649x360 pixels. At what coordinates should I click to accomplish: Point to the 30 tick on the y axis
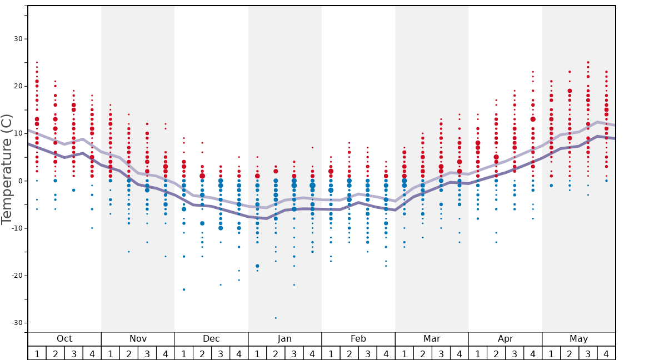[18, 39]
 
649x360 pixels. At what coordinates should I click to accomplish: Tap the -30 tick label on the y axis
[17, 323]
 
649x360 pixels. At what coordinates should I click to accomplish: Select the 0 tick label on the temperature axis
[20, 181]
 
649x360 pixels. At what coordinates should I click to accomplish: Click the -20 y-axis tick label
[17, 276]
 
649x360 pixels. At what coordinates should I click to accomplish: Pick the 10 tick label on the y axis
[18, 134]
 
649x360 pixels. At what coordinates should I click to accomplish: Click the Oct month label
[64, 339]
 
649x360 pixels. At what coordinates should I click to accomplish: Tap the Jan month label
[284, 339]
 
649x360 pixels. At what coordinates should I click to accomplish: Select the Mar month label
[432, 339]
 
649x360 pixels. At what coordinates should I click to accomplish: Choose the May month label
[578, 339]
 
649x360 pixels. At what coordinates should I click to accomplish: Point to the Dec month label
[211, 339]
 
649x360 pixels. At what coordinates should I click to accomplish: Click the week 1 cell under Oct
[37, 353]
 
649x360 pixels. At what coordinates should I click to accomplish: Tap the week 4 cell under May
[606, 353]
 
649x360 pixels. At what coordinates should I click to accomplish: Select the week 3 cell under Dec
[221, 353]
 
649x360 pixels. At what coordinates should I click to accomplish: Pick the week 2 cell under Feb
[349, 353]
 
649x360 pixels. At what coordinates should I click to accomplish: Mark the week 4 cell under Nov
[166, 353]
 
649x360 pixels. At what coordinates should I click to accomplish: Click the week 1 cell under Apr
[478, 353]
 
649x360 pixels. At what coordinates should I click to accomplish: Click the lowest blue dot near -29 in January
[276, 318]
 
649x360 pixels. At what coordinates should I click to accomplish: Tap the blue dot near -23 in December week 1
[184, 289]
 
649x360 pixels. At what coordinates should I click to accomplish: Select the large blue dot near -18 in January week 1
[257, 266]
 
